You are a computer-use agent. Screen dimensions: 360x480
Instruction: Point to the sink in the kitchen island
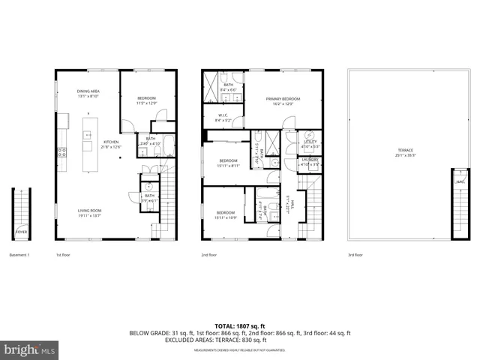point(88,136)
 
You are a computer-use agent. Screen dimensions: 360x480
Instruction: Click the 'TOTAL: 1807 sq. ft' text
point(239,325)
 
